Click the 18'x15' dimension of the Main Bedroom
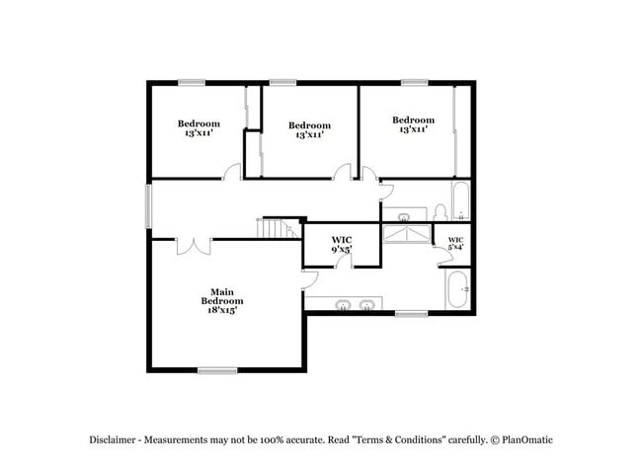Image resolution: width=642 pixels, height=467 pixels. tap(222, 310)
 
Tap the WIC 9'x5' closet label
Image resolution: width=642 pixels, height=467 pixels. tap(341, 244)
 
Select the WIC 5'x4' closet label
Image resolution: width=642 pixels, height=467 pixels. tap(455, 244)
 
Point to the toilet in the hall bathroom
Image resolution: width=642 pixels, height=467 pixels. tap(440, 213)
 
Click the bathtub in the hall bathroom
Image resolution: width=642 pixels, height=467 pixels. tap(460, 201)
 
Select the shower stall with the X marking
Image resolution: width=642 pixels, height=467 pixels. tap(408, 234)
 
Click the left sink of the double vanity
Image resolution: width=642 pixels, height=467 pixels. tap(344, 304)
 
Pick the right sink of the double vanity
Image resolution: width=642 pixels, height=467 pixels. tap(368, 304)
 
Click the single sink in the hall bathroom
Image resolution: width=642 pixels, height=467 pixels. tap(404, 216)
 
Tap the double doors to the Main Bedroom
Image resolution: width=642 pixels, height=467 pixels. tap(193, 244)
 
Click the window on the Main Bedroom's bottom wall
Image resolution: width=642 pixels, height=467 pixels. tap(217, 370)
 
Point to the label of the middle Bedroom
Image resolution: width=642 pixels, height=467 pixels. tap(309, 129)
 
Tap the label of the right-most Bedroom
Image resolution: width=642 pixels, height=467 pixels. tap(413, 124)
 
